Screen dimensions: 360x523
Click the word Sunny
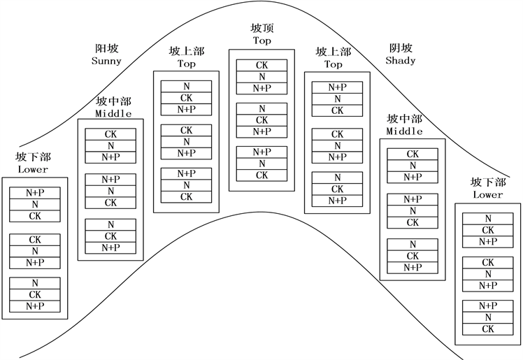[x=106, y=61]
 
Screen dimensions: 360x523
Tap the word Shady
[x=401, y=60]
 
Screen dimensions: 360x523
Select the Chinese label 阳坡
[x=106, y=49]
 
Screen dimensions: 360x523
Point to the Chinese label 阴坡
[x=401, y=48]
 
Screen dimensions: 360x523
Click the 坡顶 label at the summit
[x=262, y=29]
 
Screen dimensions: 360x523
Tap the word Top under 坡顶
[x=262, y=41]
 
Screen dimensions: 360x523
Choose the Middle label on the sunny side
[x=112, y=113]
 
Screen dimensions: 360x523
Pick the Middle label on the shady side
[x=405, y=131]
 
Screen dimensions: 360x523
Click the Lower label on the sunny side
[x=33, y=169]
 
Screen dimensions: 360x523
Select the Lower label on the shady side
[x=488, y=194]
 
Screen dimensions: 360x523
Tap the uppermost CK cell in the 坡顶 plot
[x=261, y=66]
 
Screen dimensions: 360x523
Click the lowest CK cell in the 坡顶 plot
[x=261, y=175]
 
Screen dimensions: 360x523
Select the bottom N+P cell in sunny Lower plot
[x=35, y=306]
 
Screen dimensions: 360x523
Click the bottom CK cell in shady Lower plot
[x=488, y=329]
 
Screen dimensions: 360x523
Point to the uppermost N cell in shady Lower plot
[x=488, y=219]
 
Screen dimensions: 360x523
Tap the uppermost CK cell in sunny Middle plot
[x=110, y=134]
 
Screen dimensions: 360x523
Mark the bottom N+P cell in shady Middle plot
[x=413, y=268]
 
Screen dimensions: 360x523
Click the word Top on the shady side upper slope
[x=334, y=64]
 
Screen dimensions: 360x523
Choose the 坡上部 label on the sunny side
[x=187, y=52]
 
